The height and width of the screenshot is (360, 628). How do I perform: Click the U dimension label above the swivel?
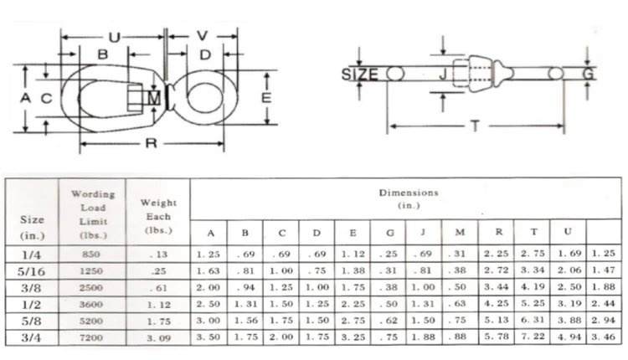[115, 37]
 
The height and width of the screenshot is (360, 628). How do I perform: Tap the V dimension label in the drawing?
[203, 36]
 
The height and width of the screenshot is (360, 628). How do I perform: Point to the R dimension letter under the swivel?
[151, 143]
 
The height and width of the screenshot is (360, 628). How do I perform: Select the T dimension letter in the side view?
[476, 126]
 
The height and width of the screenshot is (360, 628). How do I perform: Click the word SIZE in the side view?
[359, 75]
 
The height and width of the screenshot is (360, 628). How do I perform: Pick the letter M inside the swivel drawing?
[154, 99]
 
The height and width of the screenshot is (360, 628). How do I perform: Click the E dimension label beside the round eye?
[266, 98]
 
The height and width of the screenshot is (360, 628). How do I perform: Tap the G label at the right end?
[588, 74]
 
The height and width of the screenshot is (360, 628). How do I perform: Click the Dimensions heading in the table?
[409, 193]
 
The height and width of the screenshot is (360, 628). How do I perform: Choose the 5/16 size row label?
[31, 271]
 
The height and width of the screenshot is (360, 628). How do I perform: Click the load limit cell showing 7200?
[91, 337]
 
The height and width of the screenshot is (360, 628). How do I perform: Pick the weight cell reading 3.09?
[158, 338]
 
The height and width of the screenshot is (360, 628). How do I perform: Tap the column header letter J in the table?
[423, 232]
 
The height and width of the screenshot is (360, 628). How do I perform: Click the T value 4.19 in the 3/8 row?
[533, 286]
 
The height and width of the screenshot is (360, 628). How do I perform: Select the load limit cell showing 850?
[91, 255]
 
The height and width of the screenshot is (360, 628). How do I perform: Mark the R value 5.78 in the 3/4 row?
[497, 337]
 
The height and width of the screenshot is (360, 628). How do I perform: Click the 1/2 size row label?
[31, 305]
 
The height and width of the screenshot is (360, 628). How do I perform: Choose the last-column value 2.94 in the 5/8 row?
[603, 320]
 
